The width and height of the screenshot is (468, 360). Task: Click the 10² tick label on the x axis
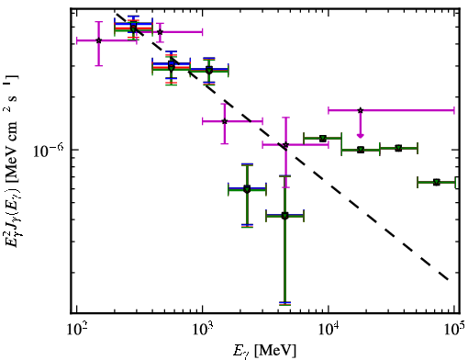pyautogui.click(x=76, y=330)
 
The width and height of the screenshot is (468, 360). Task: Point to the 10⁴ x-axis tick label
pyautogui.click(x=329, y=330)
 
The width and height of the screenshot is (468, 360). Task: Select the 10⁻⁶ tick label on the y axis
pyautogui.click(x=48, y=150)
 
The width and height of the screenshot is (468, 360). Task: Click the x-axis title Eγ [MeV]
pyautogui.click(x=264, y=351)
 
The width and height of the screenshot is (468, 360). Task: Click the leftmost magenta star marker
pyautogui.click(x=98, y=40)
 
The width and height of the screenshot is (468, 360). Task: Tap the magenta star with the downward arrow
pyautogui.click(x=361, y=110)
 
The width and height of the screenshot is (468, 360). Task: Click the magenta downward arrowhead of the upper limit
pyautogui.click(x=361, y=135)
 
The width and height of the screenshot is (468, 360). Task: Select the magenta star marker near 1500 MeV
pyautogui.click(x=225, y=121)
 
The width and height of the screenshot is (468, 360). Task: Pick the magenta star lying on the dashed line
pyautogui.click(x=285, y=145)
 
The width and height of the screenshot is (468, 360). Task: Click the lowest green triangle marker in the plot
pyautogui.click(x=284, y=217)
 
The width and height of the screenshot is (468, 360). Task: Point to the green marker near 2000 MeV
pyautogui.click(x=247, y=189)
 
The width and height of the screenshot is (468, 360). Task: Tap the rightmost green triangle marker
pyautogui.click(x=437, y=183)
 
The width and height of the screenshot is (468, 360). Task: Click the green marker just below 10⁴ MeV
pyautogui.click(x=323, y=139)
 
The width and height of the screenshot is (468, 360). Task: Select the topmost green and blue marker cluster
pyautogui.click(x=133, y=28)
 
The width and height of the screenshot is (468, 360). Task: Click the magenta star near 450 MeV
pyautogui.click(x=160, y=32)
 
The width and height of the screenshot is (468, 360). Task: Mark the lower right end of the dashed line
pyautogui.click(x=448, y=279)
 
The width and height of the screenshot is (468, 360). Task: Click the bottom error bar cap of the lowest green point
pyautogui.click(x=284, y=303)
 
